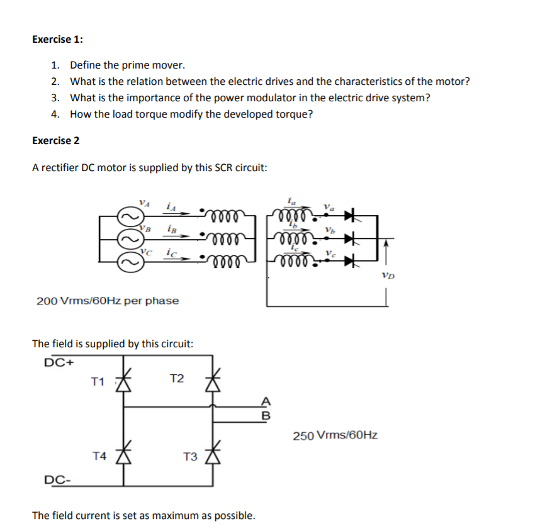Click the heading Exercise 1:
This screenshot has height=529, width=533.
(x=57, y=39)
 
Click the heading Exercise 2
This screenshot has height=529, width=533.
(x=55, y=140)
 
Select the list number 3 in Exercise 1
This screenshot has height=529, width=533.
(x=55, y=97)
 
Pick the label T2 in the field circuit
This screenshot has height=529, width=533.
(x=177, y=378)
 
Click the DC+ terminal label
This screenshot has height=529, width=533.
(x=60, y=362)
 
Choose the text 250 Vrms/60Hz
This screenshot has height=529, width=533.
(x=335, y=435)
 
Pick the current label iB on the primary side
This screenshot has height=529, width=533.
(x=171, y=229)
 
